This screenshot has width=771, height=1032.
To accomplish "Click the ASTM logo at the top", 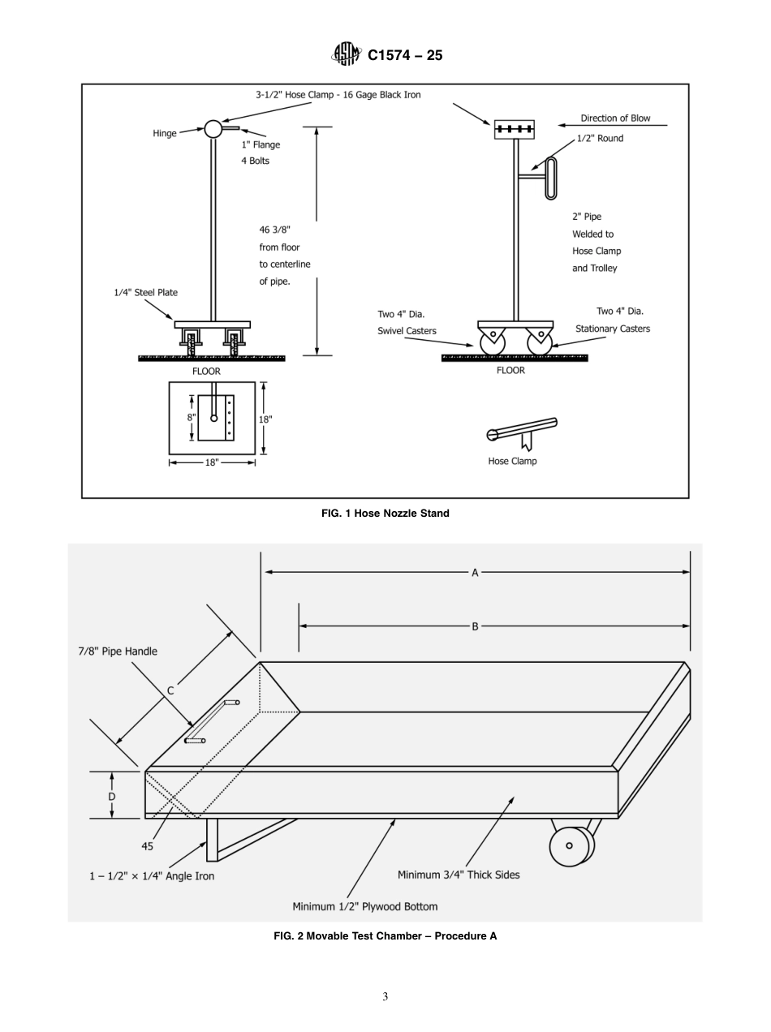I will point(346,55).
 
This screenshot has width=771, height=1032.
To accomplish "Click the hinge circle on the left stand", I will point(213,129).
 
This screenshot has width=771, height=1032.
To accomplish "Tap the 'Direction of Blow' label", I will point(615,118).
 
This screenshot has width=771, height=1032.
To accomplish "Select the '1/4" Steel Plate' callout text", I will point(145,293).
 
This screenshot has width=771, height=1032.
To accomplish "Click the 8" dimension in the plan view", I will point(191,417).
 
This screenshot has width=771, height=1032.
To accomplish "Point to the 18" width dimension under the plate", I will point(212,462).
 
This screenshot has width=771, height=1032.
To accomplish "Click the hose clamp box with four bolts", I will point(515,129).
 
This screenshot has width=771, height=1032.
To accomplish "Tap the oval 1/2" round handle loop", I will point(552,178).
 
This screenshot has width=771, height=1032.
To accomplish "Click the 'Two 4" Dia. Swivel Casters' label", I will point(407,322).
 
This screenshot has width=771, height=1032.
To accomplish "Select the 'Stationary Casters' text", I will point(613,329).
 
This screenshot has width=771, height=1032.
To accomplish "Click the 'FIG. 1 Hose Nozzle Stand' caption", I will point(385,513).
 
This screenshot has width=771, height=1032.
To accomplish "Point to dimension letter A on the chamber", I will point(475,573).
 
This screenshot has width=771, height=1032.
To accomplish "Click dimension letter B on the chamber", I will point(475,626).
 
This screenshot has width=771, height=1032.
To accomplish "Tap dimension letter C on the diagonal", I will point(170,691).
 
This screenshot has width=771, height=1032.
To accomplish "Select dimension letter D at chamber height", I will point(112,796).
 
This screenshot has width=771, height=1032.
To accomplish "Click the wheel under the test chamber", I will point(570,845).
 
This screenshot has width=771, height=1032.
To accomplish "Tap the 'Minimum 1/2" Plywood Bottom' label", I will point(364,906).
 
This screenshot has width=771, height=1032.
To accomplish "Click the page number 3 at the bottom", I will point(385,997).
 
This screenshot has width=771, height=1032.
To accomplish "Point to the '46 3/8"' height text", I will point(274,230).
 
